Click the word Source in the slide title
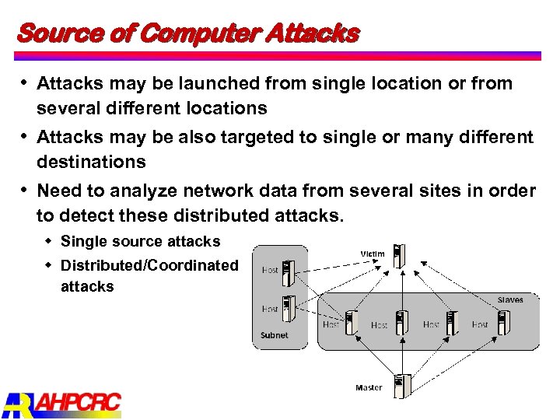[49, 34]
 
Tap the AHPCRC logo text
[77, 403]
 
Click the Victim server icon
[400, 257]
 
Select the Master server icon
[402, 385]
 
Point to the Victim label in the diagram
[373, 254]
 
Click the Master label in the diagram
[369, 387]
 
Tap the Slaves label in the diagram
[510, 299]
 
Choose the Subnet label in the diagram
[274, 335]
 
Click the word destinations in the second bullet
[91, 162]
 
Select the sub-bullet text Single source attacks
[140, 242]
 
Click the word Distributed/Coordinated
[149, 265]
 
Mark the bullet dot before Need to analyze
[24, 190]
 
